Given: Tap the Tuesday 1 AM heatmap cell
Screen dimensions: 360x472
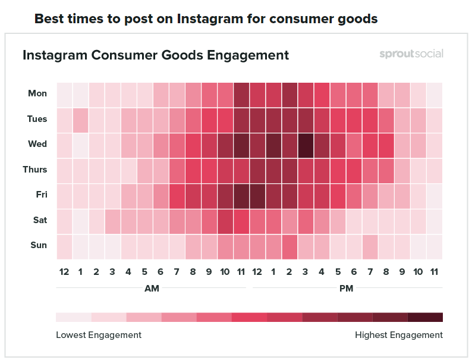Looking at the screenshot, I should [81, 119].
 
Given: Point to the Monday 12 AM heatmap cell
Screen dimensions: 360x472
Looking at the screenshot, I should [65, 94].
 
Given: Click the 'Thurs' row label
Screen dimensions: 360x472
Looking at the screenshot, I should [35, 170].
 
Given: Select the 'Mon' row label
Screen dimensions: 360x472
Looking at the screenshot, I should [37, 93].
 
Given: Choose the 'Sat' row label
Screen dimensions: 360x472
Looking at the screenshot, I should [40, 220].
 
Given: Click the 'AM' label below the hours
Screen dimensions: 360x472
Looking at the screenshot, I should [152, 288].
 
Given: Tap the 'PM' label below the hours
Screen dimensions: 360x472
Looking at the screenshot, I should [345, 288].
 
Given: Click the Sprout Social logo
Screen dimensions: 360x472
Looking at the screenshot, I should [411, 55].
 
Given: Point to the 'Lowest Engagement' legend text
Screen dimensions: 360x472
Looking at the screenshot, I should [99, 335].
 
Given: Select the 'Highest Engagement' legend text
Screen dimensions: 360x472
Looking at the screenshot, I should [399, 335].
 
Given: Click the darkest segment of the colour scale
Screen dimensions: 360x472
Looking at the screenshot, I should [425, 317].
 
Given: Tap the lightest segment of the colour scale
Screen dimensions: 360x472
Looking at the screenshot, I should [74, 317].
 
